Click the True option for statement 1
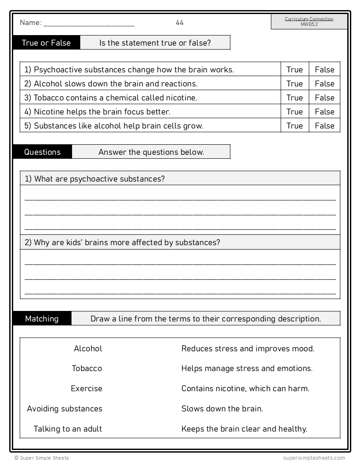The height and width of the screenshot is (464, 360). point(295,70)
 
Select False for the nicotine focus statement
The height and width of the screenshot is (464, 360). point(324,112)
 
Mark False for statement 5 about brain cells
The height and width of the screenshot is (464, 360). point(324,126)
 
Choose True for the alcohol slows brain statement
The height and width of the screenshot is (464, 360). point(295,84)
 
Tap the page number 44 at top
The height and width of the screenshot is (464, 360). point(180,23)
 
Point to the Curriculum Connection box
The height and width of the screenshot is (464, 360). point(309,21)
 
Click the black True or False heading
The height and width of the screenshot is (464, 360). point(46,43)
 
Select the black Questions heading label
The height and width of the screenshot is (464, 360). point(43,152)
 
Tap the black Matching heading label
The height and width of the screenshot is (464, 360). point(42,319)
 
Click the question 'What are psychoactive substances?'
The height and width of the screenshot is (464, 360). point(95,179)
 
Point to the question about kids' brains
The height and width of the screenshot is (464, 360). point(122,243)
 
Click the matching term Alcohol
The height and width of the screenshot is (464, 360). point(88,349)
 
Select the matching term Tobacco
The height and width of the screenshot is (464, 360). point(87,368)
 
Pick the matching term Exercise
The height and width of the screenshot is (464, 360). point(86,389)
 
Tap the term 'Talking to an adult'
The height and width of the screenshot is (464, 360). point(68,429)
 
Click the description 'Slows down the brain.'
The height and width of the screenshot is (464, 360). point(222,409)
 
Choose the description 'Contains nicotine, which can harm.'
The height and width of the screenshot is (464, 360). point(245,389)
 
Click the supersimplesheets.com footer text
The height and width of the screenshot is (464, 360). point(314,458)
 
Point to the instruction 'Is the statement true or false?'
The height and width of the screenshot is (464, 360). point(155,43)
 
